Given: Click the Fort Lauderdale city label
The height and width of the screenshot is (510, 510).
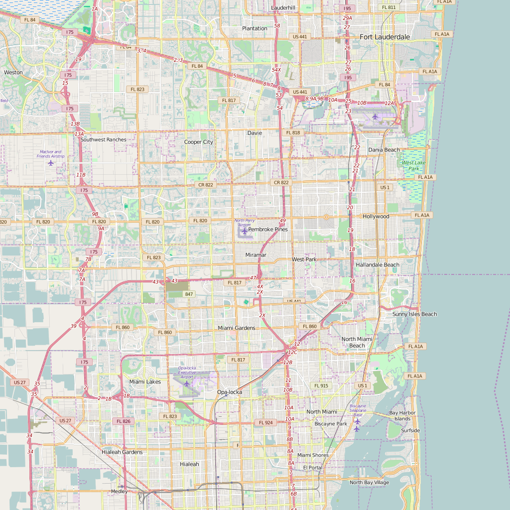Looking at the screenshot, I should click(x=385, y=37).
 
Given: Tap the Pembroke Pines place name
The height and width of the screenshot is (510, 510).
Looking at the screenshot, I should click(x=268, y=229).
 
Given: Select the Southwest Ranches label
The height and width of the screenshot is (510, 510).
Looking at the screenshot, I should click(x=104, y=139).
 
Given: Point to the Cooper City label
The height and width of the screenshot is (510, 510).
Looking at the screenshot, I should click(x=199, y=142).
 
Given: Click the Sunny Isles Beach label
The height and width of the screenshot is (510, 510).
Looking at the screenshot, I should click(x=414, y=314).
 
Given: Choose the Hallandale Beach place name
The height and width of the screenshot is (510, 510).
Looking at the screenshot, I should click(x=378, y=265).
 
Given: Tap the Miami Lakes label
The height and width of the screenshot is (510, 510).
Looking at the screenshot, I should click(x=145, y=382).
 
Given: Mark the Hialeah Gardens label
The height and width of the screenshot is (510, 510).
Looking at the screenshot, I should click(x=122, y=452).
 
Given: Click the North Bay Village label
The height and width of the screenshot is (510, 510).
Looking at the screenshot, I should click(x=369, y=482).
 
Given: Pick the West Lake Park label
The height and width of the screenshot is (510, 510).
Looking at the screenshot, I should click(x=414, y=165).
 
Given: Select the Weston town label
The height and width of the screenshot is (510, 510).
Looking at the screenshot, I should click(x=13, y=72).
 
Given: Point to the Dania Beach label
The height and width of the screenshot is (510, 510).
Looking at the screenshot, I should click(x=384, y=150).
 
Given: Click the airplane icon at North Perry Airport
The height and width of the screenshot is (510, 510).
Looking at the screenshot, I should click(x=245, y=232).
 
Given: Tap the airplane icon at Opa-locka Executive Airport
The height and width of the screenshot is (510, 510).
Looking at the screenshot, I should click(x=186, y=383).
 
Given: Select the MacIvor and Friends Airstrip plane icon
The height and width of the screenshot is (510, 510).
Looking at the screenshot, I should click(x=50, y=163).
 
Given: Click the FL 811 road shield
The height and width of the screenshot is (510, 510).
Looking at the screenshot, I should click(x=388, y=7).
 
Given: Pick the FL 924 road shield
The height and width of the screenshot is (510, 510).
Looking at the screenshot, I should click(x=266, y=422).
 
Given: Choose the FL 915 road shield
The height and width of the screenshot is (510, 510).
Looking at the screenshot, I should click(x=321, y=385).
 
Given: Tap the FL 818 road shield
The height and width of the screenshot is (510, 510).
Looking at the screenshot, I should click(x=293, y=133).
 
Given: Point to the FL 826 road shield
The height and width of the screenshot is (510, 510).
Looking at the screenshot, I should click(x=124, y=421).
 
